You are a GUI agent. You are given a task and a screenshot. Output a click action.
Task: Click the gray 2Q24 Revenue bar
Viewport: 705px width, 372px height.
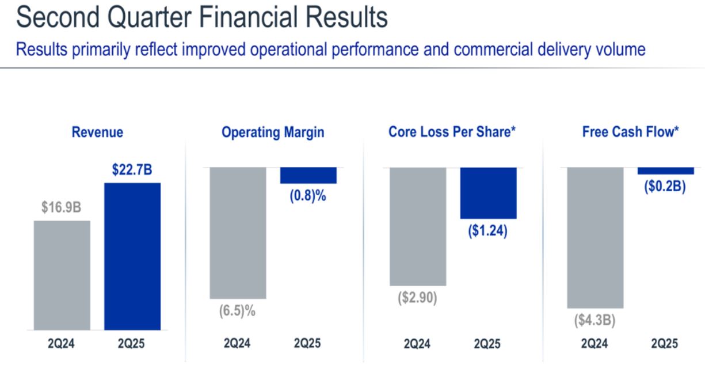[62, 275]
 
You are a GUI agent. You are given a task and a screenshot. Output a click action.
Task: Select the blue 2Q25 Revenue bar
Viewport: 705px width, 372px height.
[132, 256]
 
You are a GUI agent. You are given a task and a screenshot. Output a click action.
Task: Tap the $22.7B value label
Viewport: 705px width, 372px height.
[132, 171]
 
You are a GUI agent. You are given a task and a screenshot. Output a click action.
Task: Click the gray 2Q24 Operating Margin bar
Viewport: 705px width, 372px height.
[238, 233]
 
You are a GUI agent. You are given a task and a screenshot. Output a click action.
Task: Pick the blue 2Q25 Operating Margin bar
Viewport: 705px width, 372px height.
[308, 175]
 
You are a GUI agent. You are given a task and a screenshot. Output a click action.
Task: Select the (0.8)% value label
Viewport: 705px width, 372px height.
[308, 196]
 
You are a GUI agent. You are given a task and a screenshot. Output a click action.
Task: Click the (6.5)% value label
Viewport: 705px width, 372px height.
[237, 312]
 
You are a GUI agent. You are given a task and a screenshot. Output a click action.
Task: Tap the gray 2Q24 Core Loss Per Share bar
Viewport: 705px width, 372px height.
[418, 226]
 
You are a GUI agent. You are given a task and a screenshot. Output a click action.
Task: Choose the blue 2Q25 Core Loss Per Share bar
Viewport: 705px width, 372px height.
[488, 193]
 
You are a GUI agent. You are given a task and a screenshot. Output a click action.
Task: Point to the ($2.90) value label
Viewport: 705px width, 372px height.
[417, 298]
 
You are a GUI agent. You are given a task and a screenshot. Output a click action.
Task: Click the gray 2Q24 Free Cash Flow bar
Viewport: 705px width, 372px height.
[595, 238]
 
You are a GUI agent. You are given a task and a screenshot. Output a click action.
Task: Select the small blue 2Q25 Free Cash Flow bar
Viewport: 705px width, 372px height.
[666, 171]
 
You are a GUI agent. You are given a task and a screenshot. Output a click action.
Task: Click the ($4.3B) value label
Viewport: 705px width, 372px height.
[595, 320]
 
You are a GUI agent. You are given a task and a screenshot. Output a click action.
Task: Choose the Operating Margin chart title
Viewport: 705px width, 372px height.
[273, 132]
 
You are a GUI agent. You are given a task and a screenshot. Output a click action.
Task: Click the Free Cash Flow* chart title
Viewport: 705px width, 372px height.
[631, 132]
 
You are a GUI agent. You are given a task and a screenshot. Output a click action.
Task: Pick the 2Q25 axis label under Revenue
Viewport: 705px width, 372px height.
[132, 344]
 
